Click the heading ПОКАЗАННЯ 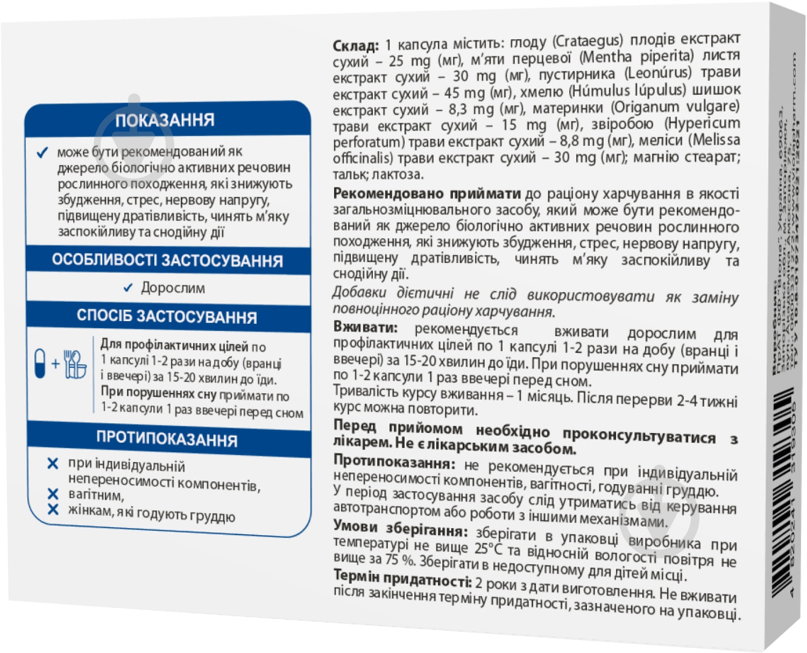165,119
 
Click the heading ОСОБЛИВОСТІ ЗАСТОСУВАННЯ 167,260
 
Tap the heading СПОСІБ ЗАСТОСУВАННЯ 167,316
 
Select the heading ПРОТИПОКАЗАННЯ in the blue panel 167,439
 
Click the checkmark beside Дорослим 128,288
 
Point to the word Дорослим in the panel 173,288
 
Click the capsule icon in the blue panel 40,363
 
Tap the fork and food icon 75,364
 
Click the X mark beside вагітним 53,494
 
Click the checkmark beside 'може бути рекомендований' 42,153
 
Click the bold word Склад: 356,46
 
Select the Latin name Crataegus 587,41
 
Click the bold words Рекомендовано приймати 427,193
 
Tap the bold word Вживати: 365,327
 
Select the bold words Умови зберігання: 400,529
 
